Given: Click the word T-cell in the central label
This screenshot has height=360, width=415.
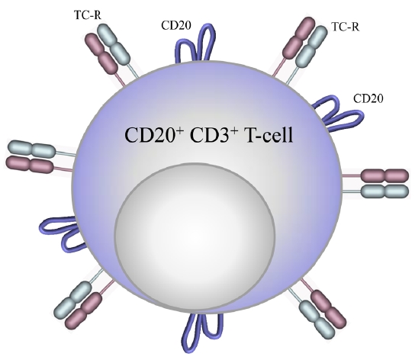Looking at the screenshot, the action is click(269, 135).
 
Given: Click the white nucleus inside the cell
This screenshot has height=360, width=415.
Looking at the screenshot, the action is click(195, 236).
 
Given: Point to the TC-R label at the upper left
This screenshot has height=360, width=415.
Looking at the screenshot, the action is click(88, 14).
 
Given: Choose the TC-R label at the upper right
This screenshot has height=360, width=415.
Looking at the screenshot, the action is click(345, 27).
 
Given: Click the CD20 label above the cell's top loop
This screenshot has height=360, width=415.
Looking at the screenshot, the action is click(176, 25).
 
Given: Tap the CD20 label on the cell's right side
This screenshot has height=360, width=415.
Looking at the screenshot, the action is click(368, 98).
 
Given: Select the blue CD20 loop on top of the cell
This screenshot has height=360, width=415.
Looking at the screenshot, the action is click(195, 43).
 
